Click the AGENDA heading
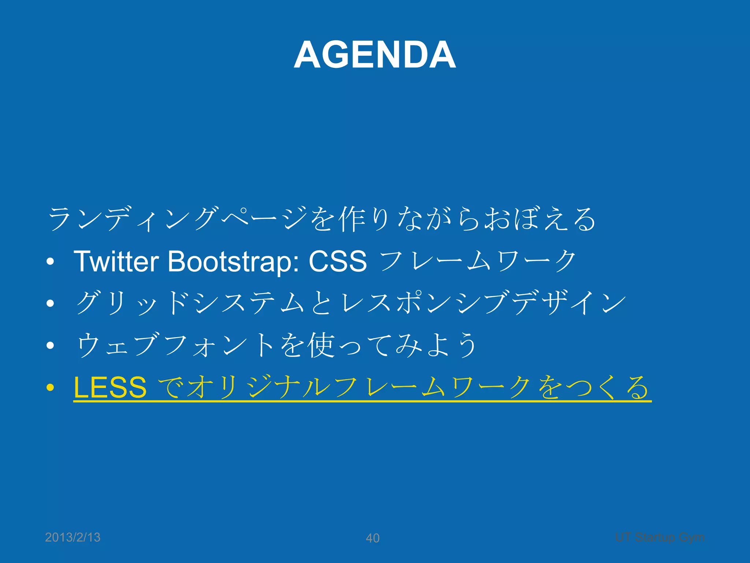pos(375,55)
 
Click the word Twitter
pos(116,262)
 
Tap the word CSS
pos(338,262)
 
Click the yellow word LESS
pos(110,388)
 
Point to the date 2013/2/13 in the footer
pos(73,537)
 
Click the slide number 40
pos(372,538)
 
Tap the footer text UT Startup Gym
pos(660,537)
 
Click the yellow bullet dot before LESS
pos(51,388)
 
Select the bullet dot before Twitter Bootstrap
pos(51,262)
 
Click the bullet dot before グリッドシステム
pos(51,303)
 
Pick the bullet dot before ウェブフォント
pos(51,345)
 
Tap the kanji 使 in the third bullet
pos(321,345)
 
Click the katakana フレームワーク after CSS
pos(478,262)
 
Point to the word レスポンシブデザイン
pos(483,303)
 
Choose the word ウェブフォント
pos(176,345)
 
